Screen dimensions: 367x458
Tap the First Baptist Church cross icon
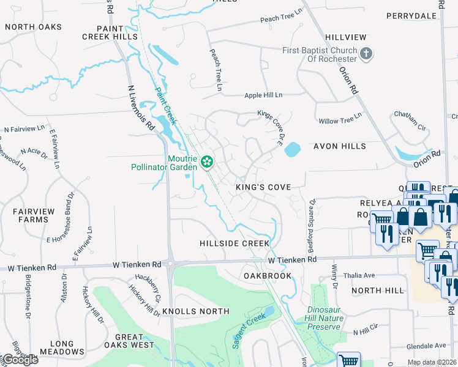coord(366,54)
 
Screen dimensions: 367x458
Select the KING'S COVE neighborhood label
coord(263,187)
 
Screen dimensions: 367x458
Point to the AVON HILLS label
coord(340,147)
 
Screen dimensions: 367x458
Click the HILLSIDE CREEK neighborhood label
coord(235,243)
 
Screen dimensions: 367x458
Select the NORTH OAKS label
coord(34,27)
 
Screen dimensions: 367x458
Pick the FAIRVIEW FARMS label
coord(30,215)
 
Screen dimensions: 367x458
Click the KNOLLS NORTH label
coord(196,311)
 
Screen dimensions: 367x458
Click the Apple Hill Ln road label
coord(263,95)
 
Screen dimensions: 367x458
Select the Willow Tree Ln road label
coord(336,121)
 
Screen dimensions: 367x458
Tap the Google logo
coord(20,360)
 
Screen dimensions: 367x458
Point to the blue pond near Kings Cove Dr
coord(293,149)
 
